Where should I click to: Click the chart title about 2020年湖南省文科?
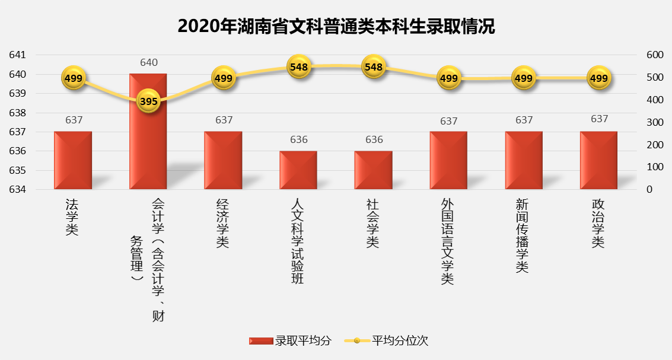pos(336,26)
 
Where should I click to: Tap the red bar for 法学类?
pos(73,161)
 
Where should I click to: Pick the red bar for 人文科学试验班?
pos(298,171)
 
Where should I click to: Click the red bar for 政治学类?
pos(598,161)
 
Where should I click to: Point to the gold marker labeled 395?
pos(148,101)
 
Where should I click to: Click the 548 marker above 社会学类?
pos(374,67)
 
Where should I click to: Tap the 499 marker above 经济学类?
pos(224,78)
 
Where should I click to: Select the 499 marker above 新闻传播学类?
pos(524,78)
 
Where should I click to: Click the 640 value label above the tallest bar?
pos(148,62)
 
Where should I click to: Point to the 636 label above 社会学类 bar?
pos(374,140)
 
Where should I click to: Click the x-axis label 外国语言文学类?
pos(448,241)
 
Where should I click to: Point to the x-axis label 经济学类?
pos(223,223)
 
